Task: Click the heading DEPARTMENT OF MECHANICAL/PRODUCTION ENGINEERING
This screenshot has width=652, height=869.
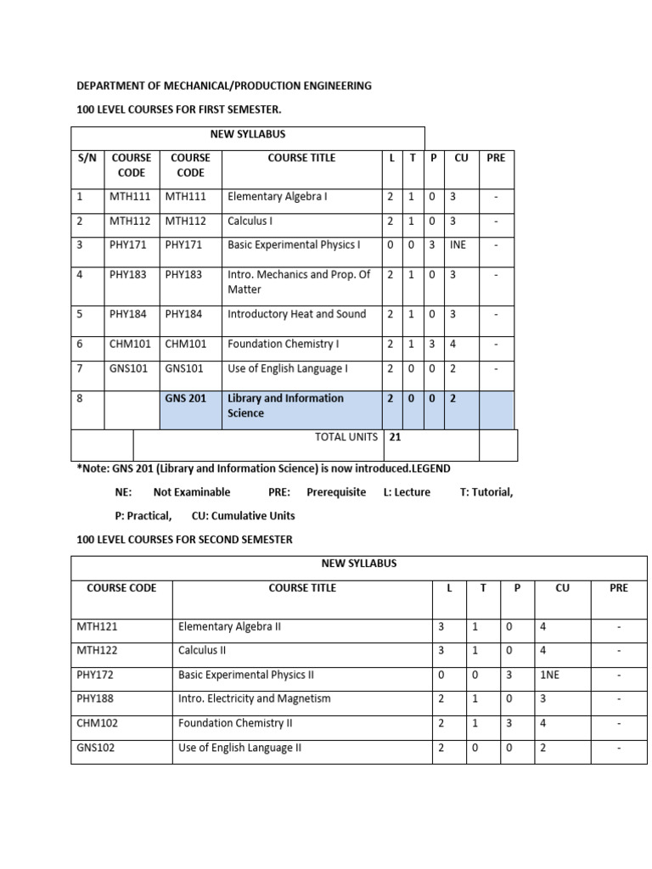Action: click(224, 86)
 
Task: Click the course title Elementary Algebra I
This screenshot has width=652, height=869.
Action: click(278, 197)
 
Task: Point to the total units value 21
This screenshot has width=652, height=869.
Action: click(395, 437)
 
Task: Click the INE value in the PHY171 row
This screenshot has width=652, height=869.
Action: click(458, 245)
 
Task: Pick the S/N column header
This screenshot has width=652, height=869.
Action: click(86, 158)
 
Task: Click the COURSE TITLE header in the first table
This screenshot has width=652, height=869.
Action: click(301, 158)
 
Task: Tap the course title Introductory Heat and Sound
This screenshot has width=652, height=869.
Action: click(296, 314)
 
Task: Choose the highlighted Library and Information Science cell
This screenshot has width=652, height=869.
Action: click(285, 406)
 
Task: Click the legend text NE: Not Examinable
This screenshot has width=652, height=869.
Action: click(172, 492)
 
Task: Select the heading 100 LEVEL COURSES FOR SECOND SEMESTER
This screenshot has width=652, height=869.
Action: click(184, 540)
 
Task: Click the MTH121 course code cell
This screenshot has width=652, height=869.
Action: click(94, 627)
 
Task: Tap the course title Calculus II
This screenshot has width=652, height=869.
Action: click(203, 651)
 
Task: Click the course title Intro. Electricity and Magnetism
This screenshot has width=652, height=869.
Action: click(254, 699)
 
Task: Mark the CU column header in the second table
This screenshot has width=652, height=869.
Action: click(562, 588)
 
